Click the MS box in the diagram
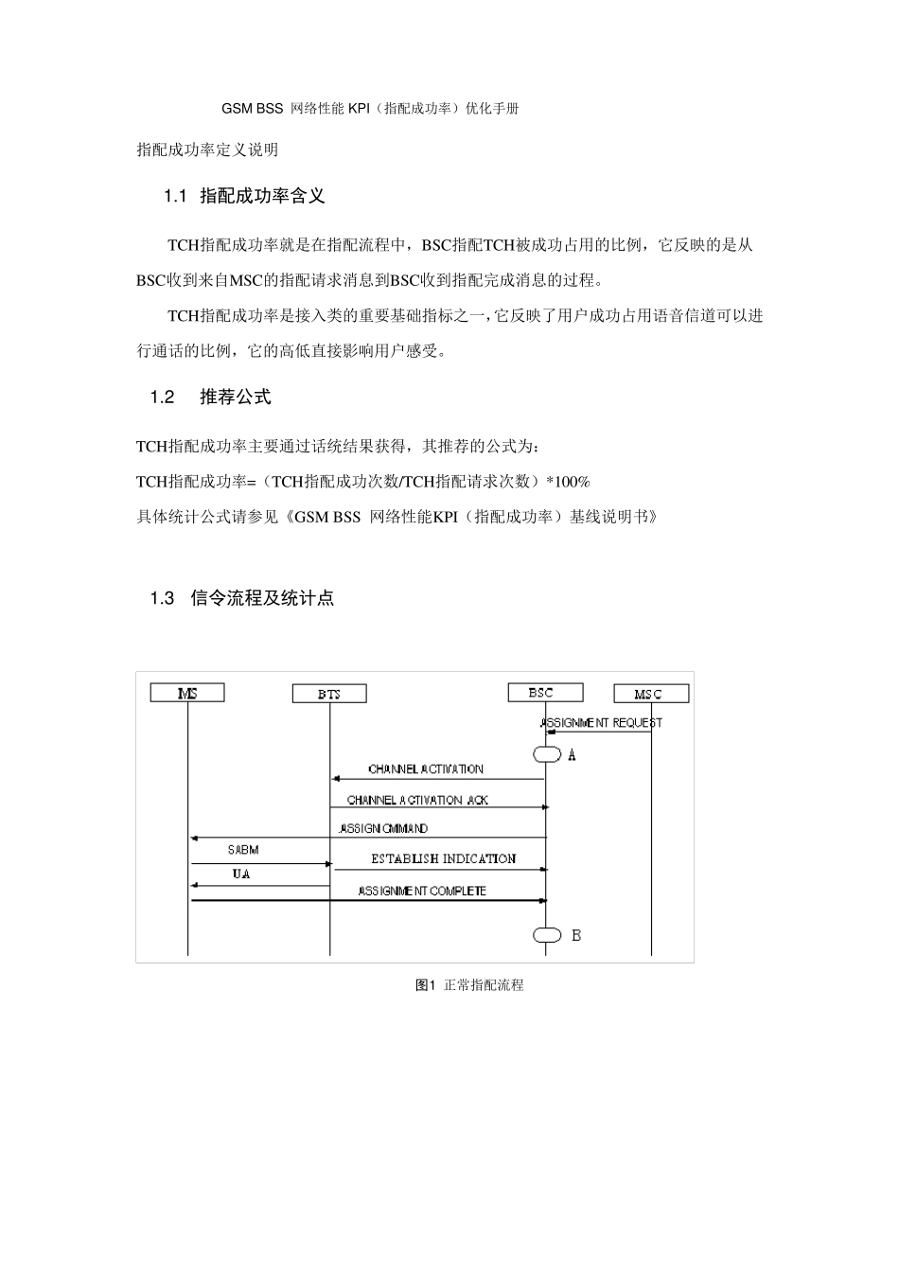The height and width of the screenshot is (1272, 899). click(x=187, y=693)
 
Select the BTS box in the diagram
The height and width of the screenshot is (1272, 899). click(x=329, y=694)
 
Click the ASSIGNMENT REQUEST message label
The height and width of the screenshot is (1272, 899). click(x=601, y=723)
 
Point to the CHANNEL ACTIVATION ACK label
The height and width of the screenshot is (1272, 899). click(x=417, y=801)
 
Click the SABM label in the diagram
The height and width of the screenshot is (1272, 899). click(x=243, y=850)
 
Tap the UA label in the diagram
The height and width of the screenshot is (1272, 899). click(x=241, y=874)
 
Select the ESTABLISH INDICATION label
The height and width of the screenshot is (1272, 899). click(x=443, y=859)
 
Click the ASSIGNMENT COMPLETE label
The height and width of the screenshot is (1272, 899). click(x=422, y=891)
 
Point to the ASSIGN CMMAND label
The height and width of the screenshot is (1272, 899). click(x=383, y=829)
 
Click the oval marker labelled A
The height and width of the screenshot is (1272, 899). click(x=547, y=754)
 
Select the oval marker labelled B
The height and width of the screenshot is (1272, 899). click(x=547, y=935)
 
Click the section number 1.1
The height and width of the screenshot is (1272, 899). click(x=176, y=196)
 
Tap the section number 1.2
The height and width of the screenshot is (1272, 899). click(x=163, y=397)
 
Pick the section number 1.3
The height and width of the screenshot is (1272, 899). click(x=163, y=598)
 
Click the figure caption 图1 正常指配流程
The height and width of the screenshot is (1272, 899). click(x=469, y=985)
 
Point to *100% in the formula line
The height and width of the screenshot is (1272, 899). click(x=568, y=482)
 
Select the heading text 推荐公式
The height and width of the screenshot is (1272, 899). click(x=236, y=397)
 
